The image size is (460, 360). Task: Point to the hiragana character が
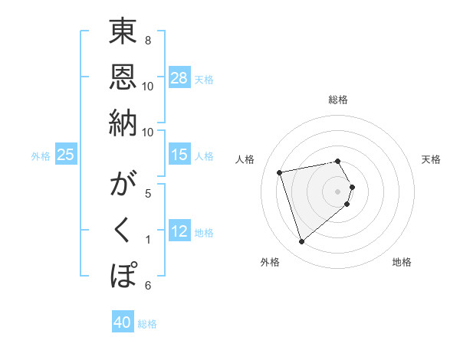123,186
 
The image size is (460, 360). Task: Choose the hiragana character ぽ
123,274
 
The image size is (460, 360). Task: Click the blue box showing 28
179,78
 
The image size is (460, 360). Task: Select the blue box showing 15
179,155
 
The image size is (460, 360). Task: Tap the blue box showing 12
179,232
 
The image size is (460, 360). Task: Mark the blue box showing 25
66,155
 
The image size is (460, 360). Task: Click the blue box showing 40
123,323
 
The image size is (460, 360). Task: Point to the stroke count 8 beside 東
148,41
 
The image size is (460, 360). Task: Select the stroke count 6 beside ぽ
148,286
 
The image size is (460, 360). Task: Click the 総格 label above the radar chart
338,100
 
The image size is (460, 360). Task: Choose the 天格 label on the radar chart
432,159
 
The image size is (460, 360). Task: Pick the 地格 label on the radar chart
402,263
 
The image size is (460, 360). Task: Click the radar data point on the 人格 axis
280,172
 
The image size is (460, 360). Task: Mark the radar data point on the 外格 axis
301,242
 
